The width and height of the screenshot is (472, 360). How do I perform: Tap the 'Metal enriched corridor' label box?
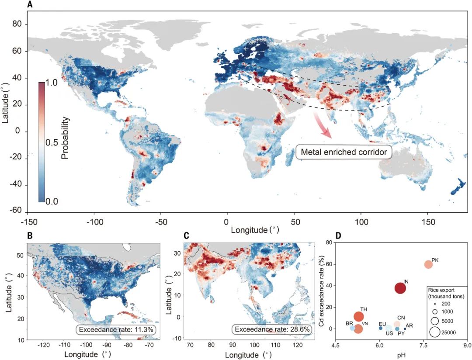pos(344,152)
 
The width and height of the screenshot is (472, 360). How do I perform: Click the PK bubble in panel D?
pos(428,264)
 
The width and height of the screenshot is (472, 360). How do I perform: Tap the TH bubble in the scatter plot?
pos(359,317)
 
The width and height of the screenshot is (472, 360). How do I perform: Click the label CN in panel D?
pos(401,318)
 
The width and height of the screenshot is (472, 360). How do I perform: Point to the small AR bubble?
pos(405,329)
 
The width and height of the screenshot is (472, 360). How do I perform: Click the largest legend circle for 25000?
pos(435,332)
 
